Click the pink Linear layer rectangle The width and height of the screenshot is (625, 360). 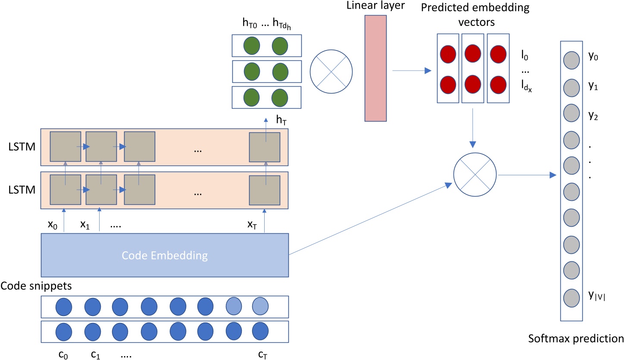[376, 68]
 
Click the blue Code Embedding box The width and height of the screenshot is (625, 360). [164, 255]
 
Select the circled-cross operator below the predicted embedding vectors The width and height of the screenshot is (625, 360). [475, 175]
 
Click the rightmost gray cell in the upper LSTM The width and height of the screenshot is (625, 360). [265, 147]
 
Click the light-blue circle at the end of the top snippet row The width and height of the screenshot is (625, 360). [260, 307]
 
